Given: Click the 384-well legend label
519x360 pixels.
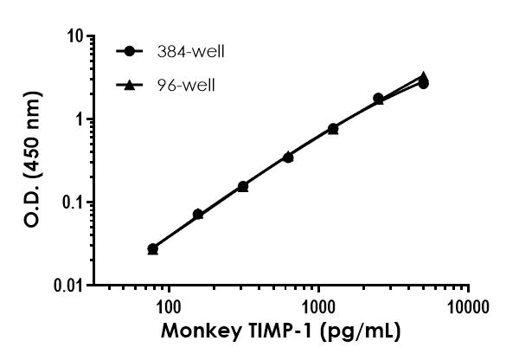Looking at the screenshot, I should [x=192, y=52].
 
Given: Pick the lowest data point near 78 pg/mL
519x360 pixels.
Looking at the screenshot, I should [x=153, y=248].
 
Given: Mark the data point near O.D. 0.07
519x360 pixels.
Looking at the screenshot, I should [x=198, y=214].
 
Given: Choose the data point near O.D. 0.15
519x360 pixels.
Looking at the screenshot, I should [x=243, y=186].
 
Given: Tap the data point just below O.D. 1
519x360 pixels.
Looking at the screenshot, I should [x=333, y=128].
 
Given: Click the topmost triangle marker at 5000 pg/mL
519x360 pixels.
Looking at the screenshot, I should [x=423, y=77].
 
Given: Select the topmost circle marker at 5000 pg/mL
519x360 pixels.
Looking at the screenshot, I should [x=423, y=83].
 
